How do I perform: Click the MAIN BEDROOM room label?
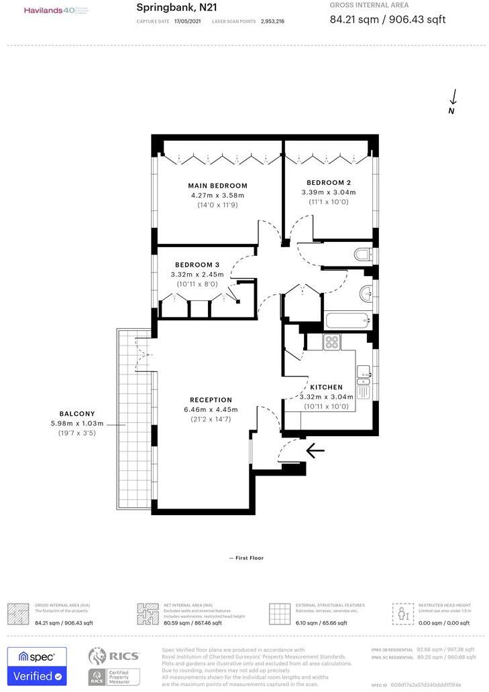(x=217, y=186)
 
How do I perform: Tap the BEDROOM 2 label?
(x=329, y=182)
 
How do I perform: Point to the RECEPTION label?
(x=211, y=400)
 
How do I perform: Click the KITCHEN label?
(x=326, y=387)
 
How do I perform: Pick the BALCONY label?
(x=77, y=414)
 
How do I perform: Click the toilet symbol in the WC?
(x=362, y=255)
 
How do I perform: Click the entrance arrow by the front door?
(x=315, y=450)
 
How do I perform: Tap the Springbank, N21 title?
(x=176, y=7)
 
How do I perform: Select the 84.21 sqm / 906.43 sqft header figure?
(x=388, y=19)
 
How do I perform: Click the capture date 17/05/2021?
(x=188, y=21)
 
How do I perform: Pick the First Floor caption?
(x=246, y=557)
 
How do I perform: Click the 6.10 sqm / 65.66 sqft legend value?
(x=321, y=623)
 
